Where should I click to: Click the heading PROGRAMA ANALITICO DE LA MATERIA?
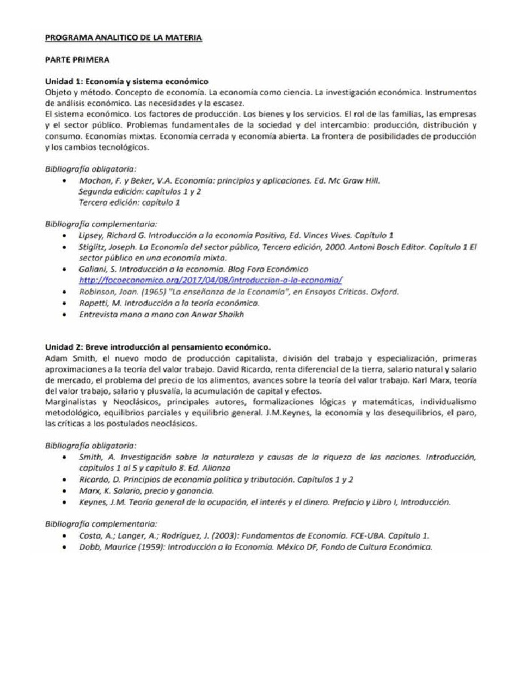tap(123, 38)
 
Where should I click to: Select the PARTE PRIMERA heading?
tap(77, 60)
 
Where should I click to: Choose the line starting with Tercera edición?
tap(129, 203)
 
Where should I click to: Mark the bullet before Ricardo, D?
tap(63, 479)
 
